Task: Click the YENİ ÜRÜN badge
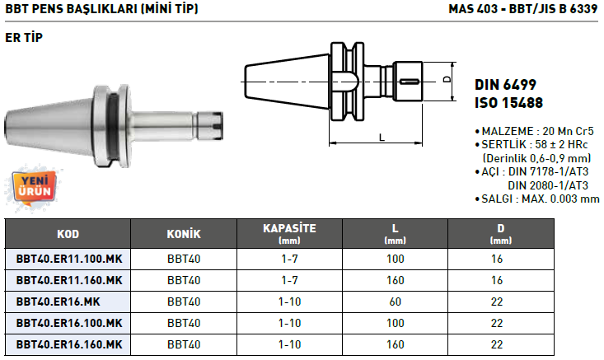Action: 34,187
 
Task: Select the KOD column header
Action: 68,234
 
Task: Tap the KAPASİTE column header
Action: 289,234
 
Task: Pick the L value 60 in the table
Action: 396,302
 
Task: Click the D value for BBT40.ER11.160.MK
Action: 497,280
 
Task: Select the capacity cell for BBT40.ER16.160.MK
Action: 289,344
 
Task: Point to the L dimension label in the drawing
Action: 382,137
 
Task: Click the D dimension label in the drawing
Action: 447,79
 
